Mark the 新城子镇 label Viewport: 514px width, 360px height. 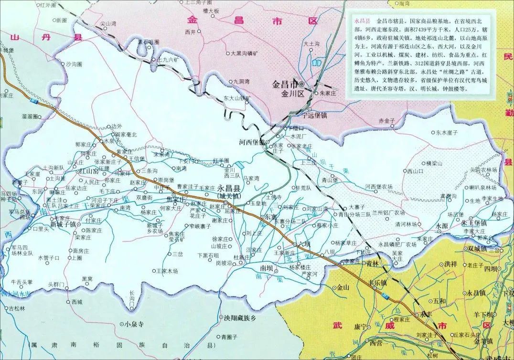tap(64, 224)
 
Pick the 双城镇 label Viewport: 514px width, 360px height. tap(477, 249)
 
